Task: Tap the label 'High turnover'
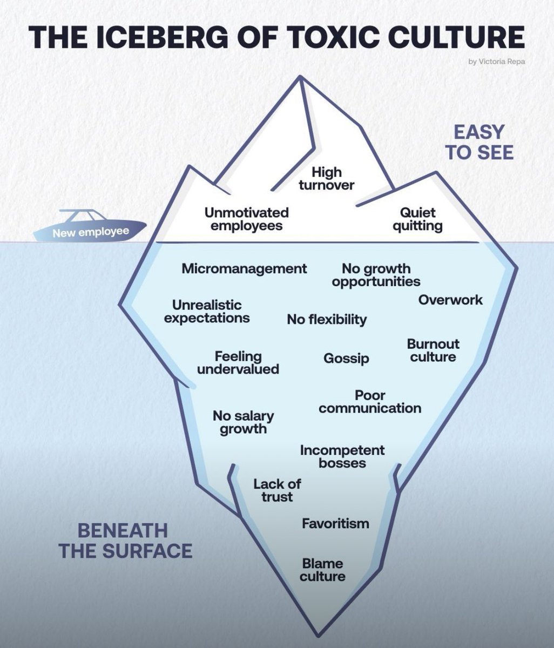[327, 179]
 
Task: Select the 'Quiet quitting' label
[417, 219]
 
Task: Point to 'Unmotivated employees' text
[246, 219]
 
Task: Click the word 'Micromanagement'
[244, 268]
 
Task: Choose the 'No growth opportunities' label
[376, 275]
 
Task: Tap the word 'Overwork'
[450, 300]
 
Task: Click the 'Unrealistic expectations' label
[207, 312]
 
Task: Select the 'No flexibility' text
[327, 319]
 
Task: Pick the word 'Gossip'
[346, 358]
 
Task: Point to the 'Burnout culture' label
[433, 350]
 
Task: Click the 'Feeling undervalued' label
[238, 363]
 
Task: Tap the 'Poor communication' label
[370, 402]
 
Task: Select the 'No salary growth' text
[243, 422]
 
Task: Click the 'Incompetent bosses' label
[342, 456]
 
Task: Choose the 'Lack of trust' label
[277, 490]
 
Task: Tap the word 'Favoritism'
[335, 523]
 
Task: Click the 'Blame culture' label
[322, 570]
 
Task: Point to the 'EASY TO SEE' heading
[479, 142]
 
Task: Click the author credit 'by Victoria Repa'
[497, 61]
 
